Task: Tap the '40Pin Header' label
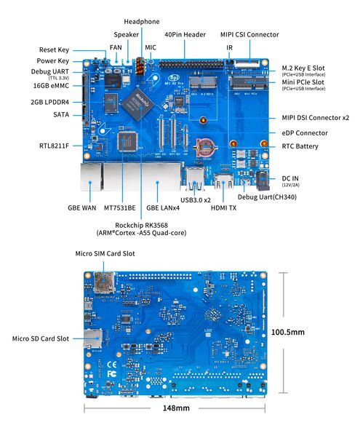tap(185, 34)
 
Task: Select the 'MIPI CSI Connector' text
tap(249, 34)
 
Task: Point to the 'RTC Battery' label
tap(300, 146)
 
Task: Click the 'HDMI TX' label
tap(223, 207)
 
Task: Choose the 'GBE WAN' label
tap(82, 207)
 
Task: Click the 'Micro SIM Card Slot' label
tap(105, 253)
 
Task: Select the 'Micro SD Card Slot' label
tap(41, 338)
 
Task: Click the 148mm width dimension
tap(175, 408)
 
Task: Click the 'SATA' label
tap(61, 115)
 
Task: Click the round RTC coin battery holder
tap(203, 140)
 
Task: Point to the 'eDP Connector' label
tap(304, 133)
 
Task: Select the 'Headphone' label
tap(141, 22)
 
